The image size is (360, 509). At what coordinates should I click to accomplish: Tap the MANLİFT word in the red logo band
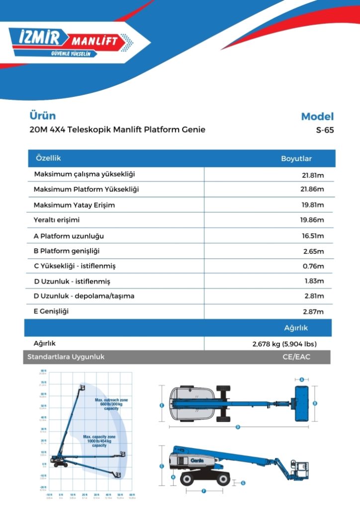95,40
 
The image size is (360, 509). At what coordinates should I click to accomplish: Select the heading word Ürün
42,116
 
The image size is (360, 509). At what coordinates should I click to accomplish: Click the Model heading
317,117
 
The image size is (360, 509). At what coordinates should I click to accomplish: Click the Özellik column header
48,158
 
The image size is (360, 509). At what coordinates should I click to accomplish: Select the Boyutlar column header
296,159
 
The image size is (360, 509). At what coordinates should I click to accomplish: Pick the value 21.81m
312,175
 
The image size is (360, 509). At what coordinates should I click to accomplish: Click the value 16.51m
312,236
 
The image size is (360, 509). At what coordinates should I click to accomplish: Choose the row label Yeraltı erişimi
57,220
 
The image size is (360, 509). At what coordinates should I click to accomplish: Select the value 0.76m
313,266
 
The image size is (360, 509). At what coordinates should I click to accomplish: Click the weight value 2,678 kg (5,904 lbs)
284,344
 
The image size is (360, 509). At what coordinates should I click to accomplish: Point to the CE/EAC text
296,357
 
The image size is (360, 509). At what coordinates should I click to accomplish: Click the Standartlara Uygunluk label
66,357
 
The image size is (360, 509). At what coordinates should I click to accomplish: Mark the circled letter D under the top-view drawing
238,426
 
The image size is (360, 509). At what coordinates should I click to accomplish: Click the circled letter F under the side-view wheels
204,491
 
